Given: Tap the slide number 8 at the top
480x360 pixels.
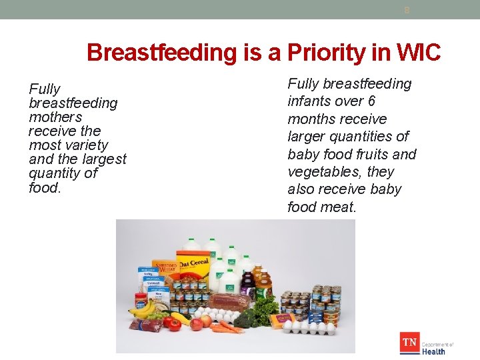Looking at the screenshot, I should (406, 10).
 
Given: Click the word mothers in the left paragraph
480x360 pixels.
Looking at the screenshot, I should (55, 117).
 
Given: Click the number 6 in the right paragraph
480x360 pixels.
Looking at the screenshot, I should (371, 101).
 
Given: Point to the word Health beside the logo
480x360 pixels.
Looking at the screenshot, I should (434, 351).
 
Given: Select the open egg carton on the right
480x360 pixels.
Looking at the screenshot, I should (308, 327).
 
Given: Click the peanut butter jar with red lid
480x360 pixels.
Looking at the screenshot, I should (141, 299).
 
